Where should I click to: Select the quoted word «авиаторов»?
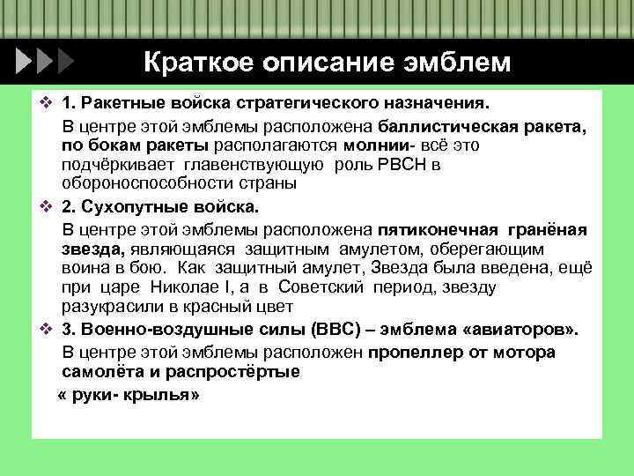click(517, 331)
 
